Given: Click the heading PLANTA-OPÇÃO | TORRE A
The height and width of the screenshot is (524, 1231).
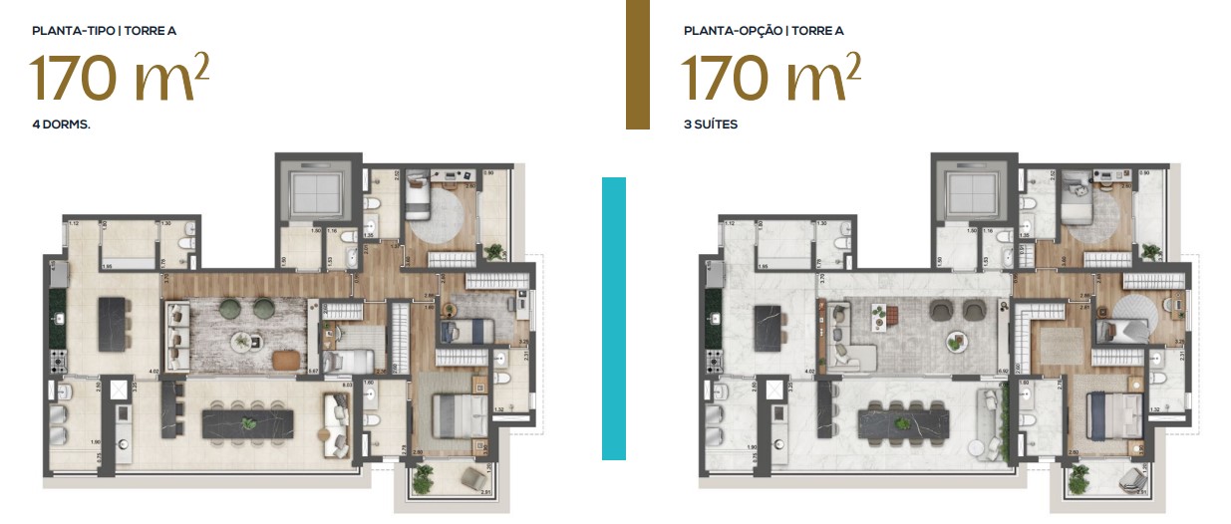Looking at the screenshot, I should [x=764, y=31].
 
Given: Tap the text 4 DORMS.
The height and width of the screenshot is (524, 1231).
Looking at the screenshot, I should [x=62, y=126].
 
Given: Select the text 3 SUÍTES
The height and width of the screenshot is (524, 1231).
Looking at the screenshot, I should [x=710, y=126].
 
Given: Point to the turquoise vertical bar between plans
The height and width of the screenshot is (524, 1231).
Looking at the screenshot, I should [x=614, y=318].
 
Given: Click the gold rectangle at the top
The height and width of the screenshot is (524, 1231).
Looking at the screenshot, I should [x=638, y=64].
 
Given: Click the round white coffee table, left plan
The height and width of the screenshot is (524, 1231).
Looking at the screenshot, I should [x=243, y=342].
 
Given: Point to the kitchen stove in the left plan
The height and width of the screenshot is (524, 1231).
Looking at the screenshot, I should [x=56, y=360].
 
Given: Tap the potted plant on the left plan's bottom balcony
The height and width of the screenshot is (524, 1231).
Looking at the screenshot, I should [x=424, y=480].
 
